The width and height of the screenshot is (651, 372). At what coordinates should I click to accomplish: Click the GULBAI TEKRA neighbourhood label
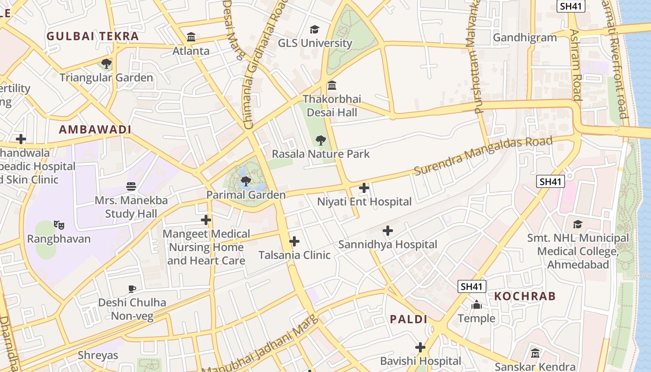point(93,36)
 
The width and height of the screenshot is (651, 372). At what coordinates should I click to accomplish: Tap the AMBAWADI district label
point(95,130)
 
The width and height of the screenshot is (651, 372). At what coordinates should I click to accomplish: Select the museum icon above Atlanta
point(191,37)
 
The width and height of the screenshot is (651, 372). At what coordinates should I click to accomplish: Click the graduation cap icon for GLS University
point(315,29)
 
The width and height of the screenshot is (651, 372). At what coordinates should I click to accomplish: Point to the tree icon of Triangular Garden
point(106,63)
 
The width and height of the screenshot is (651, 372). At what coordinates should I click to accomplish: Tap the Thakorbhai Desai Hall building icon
point(332,86)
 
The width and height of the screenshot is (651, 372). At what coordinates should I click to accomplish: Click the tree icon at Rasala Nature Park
point(320,140)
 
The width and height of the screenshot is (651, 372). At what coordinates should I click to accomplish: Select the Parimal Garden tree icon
point(246,181)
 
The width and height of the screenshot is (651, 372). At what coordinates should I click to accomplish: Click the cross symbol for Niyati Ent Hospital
point(364,188)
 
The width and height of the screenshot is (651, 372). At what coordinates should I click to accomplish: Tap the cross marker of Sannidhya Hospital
point(387,231)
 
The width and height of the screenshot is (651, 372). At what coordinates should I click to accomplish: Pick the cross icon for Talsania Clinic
point(294,241)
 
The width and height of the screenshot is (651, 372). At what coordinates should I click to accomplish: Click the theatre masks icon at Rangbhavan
point(59,225)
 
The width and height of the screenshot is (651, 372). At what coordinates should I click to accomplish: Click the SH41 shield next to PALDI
point(472,286)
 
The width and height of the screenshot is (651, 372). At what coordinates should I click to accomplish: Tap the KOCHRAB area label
point(525,296)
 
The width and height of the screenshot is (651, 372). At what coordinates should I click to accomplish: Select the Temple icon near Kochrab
point(476,305)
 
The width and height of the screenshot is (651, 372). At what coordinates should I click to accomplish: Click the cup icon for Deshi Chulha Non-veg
point(132,289)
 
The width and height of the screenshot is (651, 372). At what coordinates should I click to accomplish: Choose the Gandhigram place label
point(525,38)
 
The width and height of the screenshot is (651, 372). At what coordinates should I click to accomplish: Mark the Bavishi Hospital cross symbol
point(420,347)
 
